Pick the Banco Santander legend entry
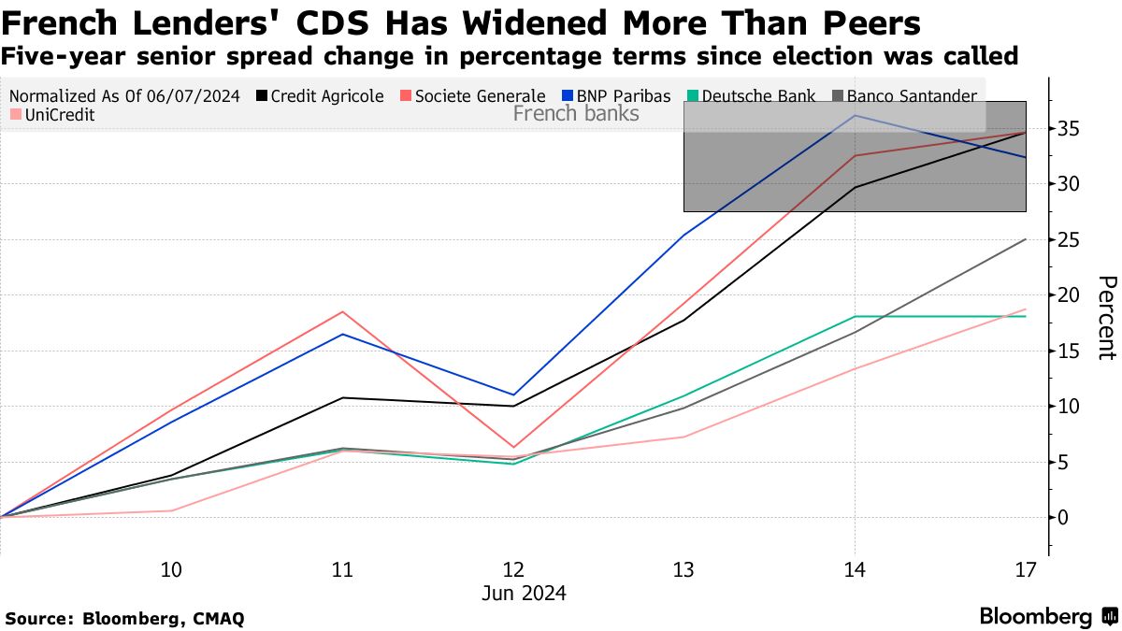[906, 95]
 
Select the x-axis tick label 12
[513, 569]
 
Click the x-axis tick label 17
[1026, 569]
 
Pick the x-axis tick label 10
[171, 569]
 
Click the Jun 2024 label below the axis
[524, 594]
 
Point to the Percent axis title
[1105, 318]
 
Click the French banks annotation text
[576, 114]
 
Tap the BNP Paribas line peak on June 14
[855, 116]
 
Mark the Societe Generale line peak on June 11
[342, 312]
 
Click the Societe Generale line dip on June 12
[513, 447]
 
